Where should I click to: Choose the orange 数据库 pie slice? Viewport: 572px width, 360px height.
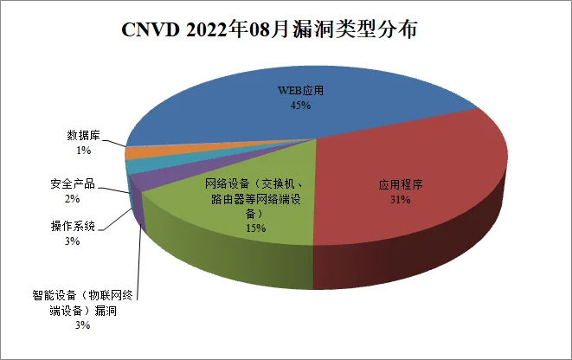pyautogui.click(x=136, y=152)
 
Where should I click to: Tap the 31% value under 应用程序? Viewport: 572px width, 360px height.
pyautogui.click(x=399, y=200)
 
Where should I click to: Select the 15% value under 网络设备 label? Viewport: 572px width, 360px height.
pyautogui.click(x=254, y=228)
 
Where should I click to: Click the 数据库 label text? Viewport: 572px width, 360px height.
pyautogui.click(x=84, y=136)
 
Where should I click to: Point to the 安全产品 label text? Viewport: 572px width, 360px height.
pyautogui.click(x=72, y=184)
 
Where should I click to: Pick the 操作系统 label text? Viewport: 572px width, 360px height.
pyautogui.click(x=72, y=227)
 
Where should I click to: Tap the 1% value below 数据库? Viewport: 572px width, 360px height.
pyautogui.click(x=84, y=151)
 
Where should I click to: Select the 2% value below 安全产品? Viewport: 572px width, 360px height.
pyautogui.click(x=72, y=199)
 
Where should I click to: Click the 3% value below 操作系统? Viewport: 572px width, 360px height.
pyautogui.click(x=72, y=241)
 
